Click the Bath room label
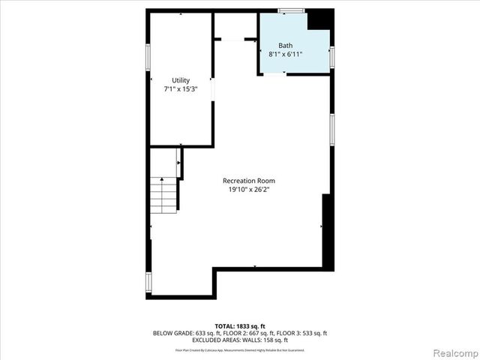[286, 45]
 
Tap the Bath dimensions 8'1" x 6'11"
[286, 54]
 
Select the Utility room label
[181, 80]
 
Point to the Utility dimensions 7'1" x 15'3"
[181, 89]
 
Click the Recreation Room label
[249, 181]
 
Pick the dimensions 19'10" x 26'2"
[249, 190]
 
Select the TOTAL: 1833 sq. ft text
[240, 325]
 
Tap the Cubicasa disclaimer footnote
[240, 350]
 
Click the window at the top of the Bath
[291, 10]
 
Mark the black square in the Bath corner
[320, 19]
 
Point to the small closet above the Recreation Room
[235, 25]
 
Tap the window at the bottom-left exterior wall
[148, 282]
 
